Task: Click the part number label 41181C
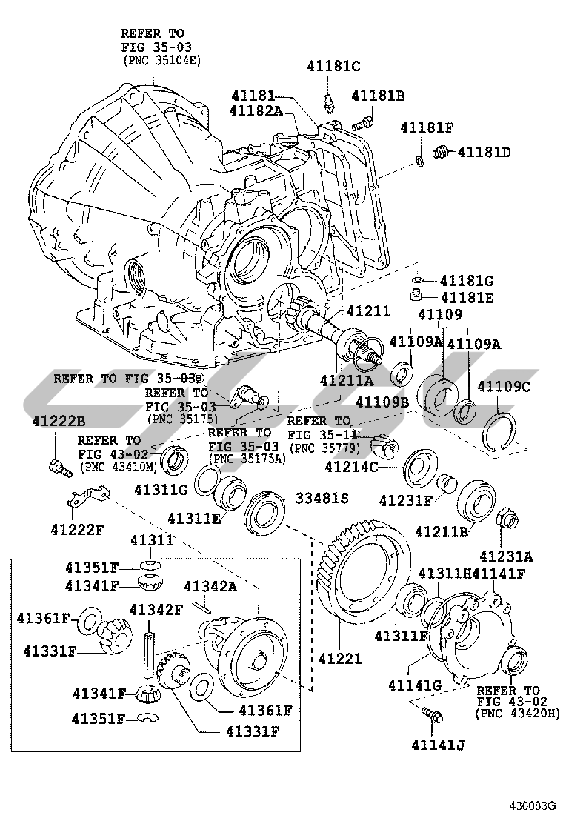click(333, 67)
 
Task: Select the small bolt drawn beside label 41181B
click(363, 120)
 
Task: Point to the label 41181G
click(467, 282)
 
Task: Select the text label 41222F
click(78, 529)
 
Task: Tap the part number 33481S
click(322, 498)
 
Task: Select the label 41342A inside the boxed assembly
click(210, 587)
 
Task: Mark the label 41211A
click(346, 381)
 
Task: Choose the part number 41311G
click(161, 490)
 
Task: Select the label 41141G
click(414, 685)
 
